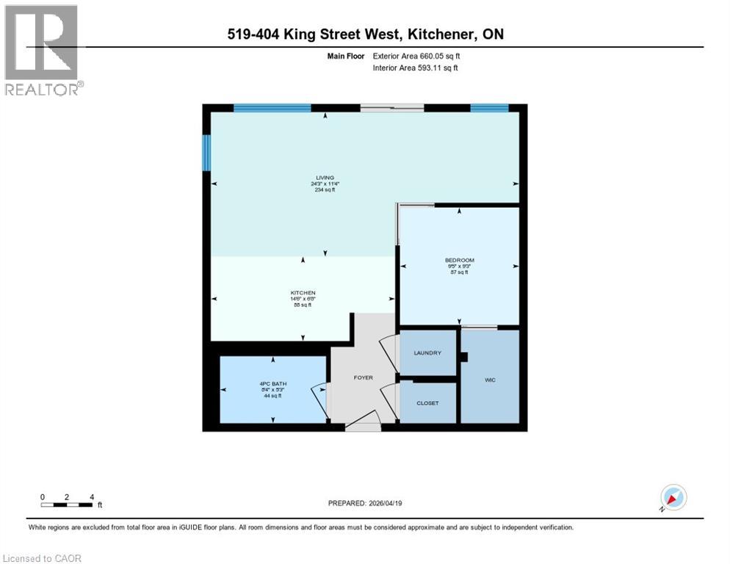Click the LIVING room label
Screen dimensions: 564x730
tap(325, 178)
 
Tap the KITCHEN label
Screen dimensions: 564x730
tap(303, 293)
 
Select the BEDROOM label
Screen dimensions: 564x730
tap(460, 260)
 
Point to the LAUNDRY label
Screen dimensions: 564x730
tap(427, 353)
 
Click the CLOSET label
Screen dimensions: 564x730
tap(427, 403)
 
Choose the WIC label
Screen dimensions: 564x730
tap(490, 380)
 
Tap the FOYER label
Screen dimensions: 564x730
tap(363, 377)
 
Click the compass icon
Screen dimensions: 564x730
tap(673, 498)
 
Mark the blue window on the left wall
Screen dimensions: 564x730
tap(207, 152)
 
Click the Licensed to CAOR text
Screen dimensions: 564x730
tap(42, 558)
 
